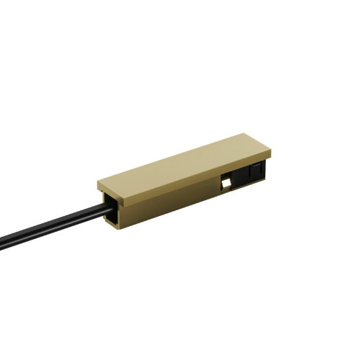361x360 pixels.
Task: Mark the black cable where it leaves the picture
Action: [3, 244]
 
